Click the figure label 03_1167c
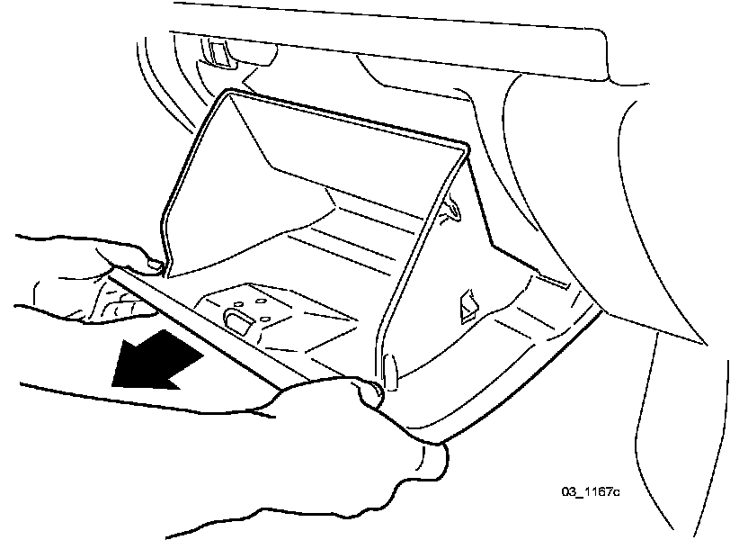pyautogui.click(x=592, y=492)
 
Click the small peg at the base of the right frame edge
pyautogui.click(x=390, y=369)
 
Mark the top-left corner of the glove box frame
pyautogui.click(x=228, y=92)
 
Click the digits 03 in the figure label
pyautogui.click(x=568, y=492)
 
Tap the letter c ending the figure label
pyautogui.click(x=618, y=492)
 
